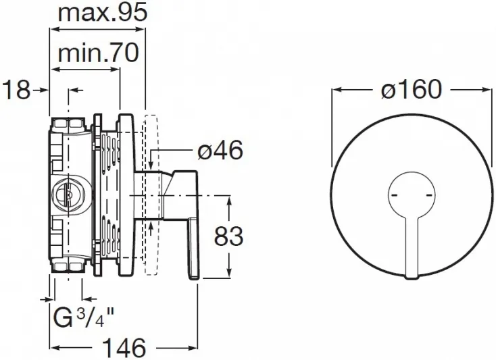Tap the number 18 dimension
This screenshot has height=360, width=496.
pyautogui.click(x=16, y=89)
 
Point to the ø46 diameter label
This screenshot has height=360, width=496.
pyautogui.click(x=220, y=150)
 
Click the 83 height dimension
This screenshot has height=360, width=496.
pyautogui.click(x=228, y=236)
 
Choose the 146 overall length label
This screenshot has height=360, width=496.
pyautogui.click(x=124, y=348)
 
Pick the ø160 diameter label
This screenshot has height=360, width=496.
pyautogui.click(x=411, y=89)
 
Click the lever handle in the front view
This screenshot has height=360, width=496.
pyautogui.click(x=412, y=247)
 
